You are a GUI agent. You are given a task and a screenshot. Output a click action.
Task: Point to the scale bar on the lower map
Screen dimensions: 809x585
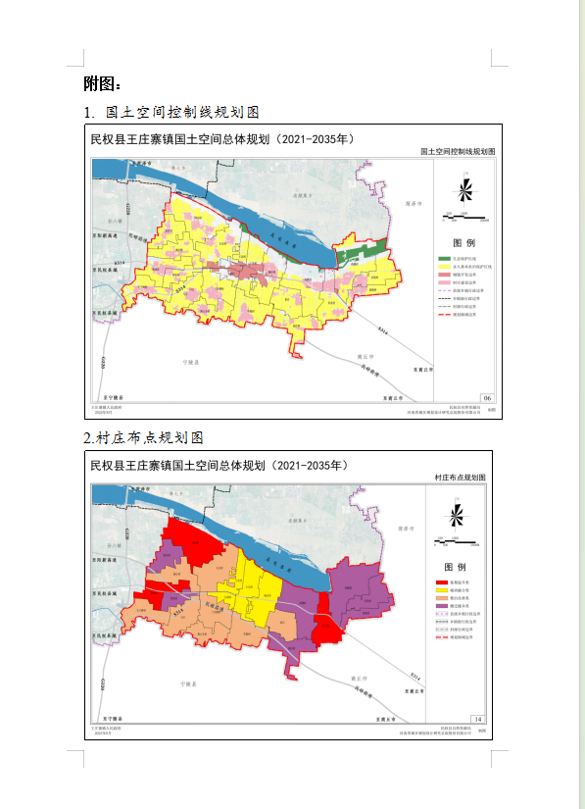click(459, 542)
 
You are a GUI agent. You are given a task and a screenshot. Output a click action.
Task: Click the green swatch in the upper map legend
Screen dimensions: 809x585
click(444, 258)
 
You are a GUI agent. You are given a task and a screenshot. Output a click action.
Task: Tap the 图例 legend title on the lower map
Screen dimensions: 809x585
click(458, 568)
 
